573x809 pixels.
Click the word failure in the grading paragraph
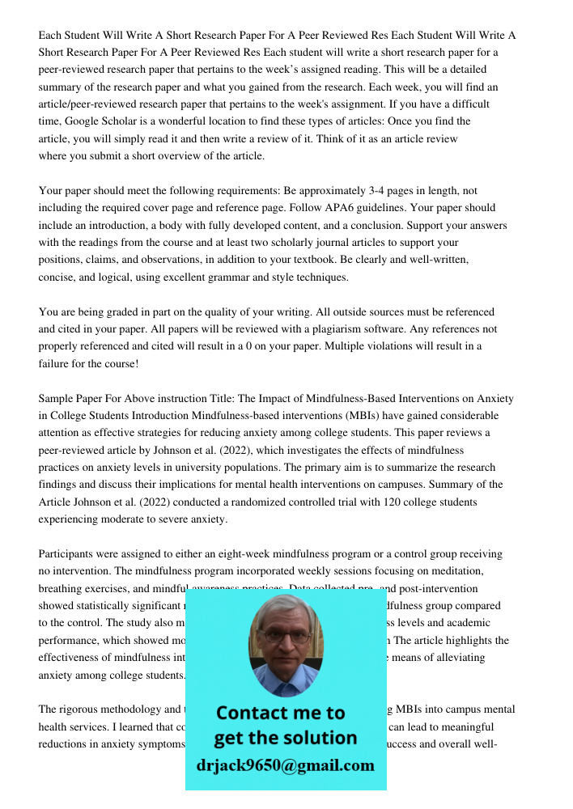[57, 363]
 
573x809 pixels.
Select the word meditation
[473, 571]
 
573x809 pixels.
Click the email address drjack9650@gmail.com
[286, 766]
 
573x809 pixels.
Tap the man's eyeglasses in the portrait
[285, 635]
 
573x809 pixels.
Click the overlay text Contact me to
[281, 713]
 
